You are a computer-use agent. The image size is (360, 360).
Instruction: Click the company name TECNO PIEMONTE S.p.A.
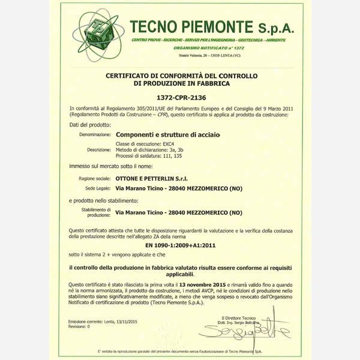click(x=212, y=26)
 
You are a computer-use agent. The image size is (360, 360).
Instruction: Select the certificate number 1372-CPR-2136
click(x=179, y=96)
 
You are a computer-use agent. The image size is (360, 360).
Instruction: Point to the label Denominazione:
click(x=95, y=136)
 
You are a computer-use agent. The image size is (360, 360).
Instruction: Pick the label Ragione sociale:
click(x=95, y=179)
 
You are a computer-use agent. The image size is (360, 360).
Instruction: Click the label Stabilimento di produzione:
click(x=96, y=212)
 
